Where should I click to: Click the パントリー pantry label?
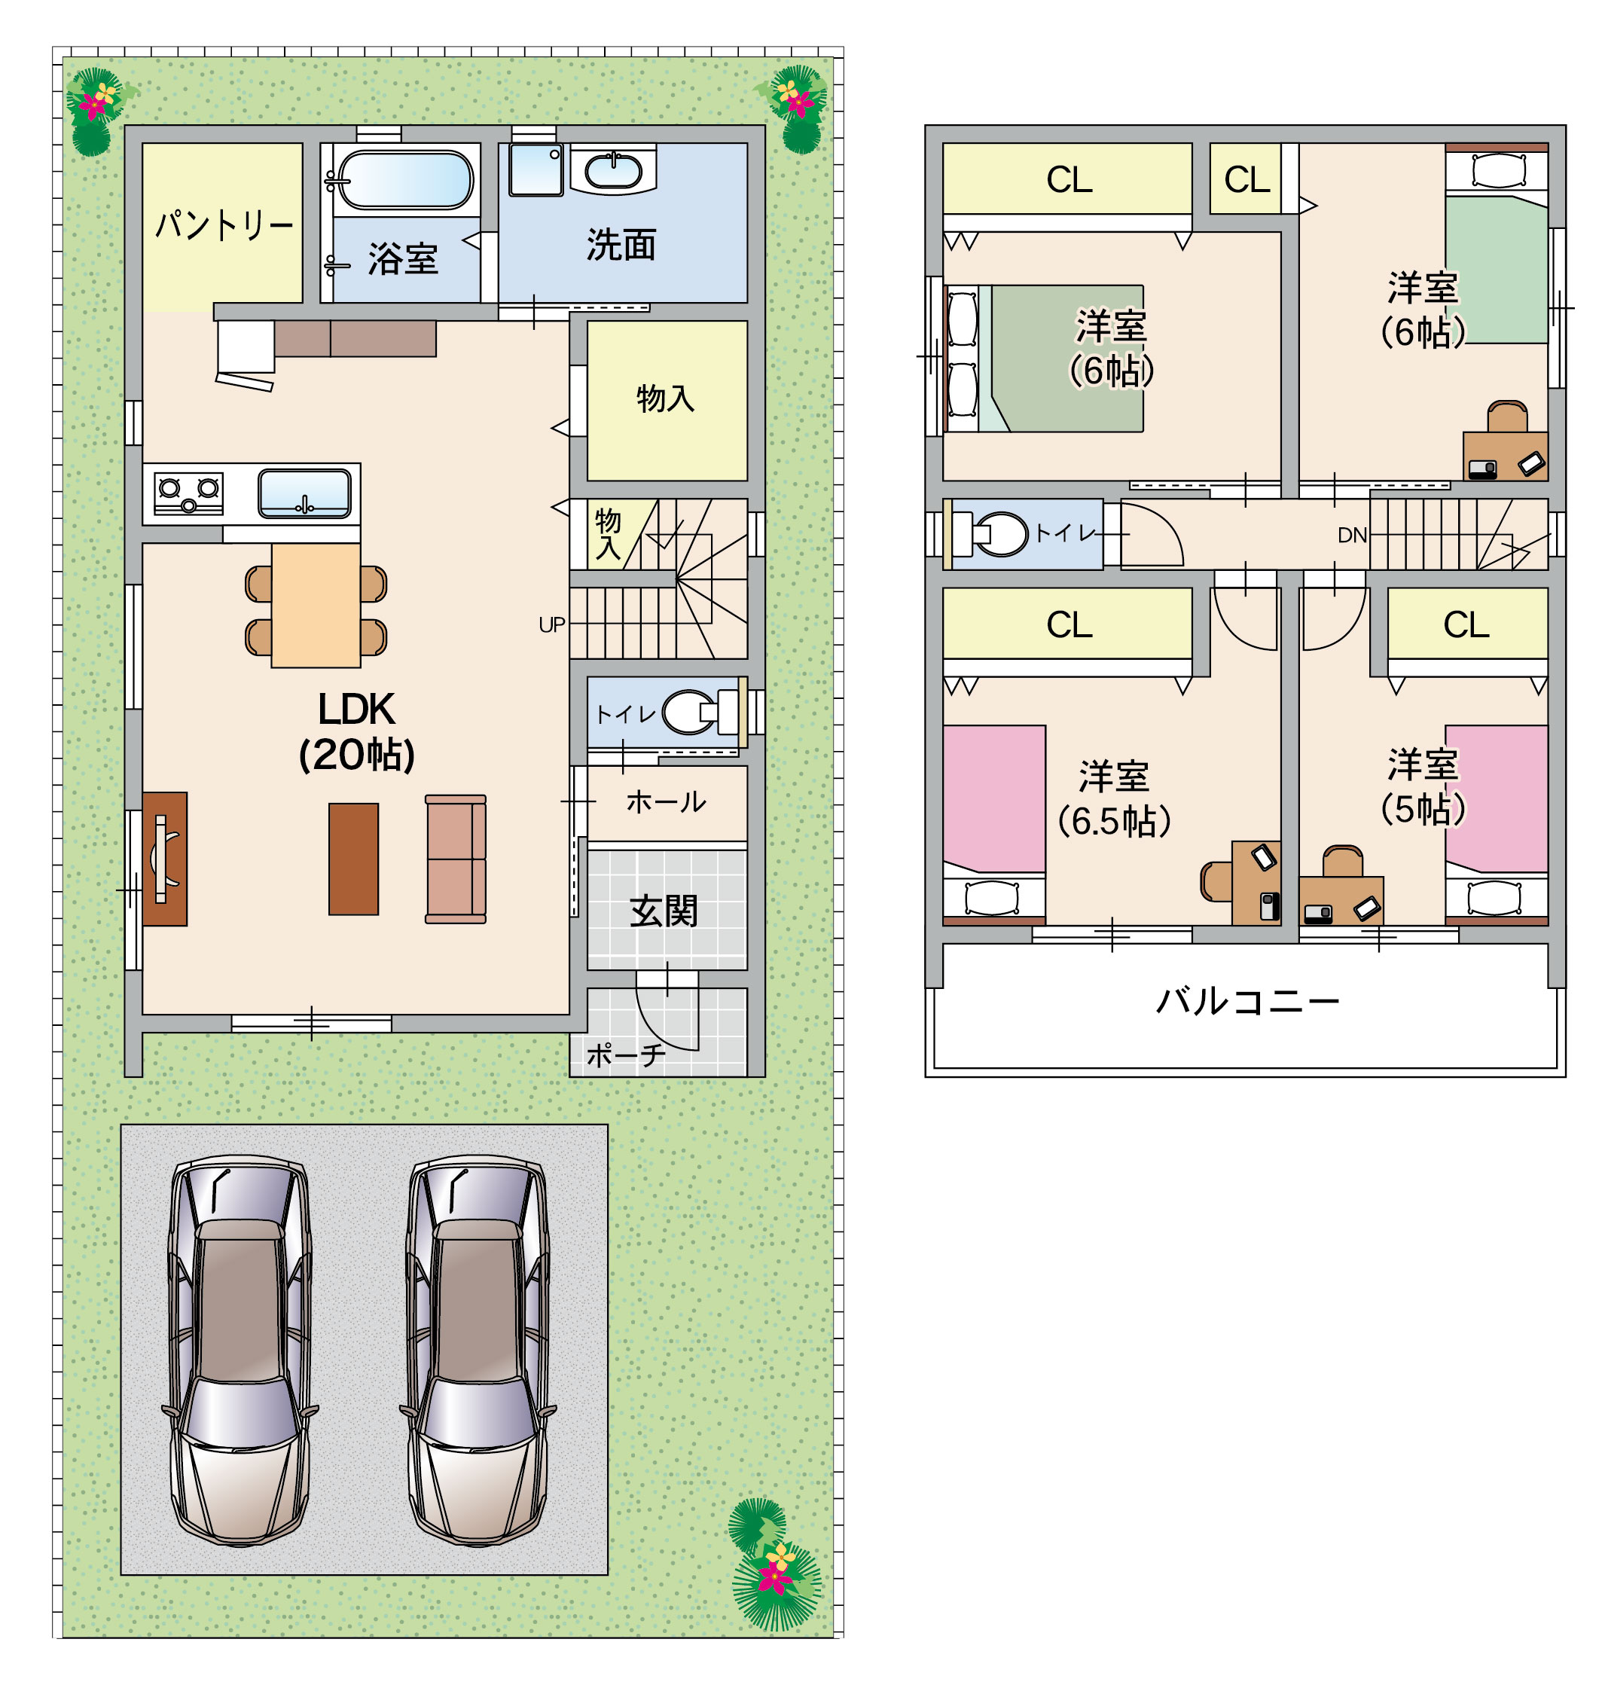[x=224, y=224]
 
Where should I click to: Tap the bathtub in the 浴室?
[x=404, y=180]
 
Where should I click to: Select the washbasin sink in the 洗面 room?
[x=613, y=170]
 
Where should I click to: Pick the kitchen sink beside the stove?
[x=305, y=493]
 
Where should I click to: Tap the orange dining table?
[x=316, y=606]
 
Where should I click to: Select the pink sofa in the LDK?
[x=456, y=859]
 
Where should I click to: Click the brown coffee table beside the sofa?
[x=353, y=859]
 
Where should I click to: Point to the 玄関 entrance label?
[x=664, y=911]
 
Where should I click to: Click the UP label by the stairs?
[x=551, y=625]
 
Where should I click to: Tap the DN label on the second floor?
[x=1353, y=536]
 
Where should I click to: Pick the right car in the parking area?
[x=478, y=1351]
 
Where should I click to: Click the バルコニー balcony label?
[x=1247, y=1001]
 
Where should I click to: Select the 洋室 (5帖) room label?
[x=1423, y=786]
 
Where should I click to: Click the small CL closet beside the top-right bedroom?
[x=1247, y=179]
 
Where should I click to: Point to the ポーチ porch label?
[x=626, y=1055]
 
